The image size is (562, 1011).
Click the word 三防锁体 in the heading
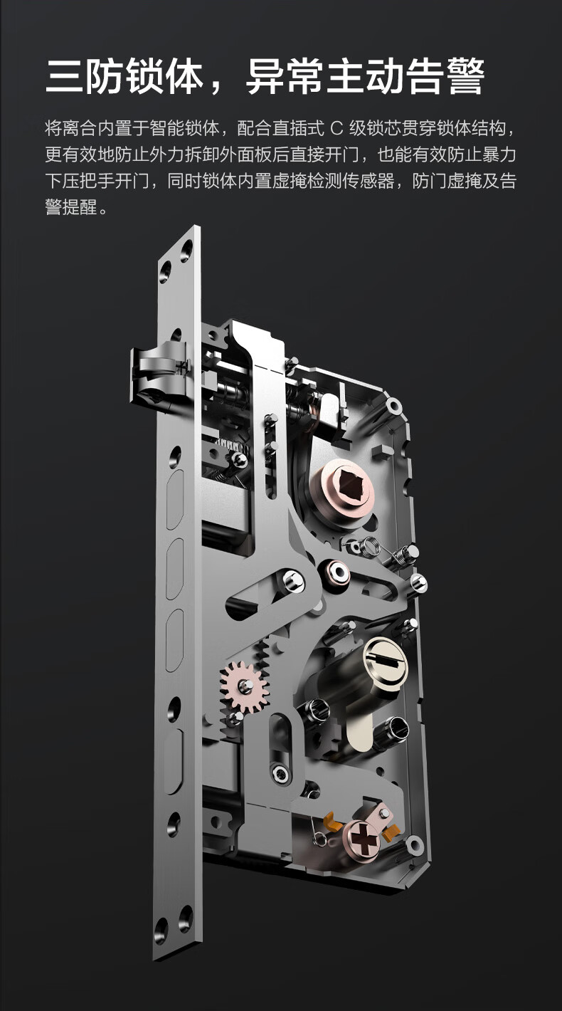coord(124,77)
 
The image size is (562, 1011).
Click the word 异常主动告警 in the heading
coord(366,77)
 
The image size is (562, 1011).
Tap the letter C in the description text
coord(336,129)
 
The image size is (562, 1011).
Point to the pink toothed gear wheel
coord(244,686)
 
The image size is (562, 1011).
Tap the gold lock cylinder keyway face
coord(386,659)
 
